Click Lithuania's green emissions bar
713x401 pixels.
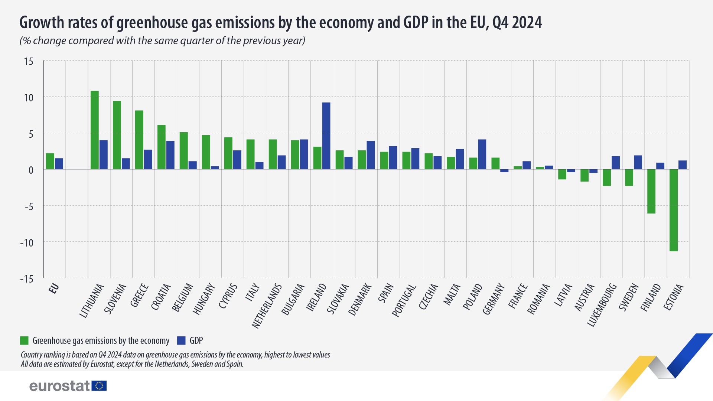click(95, 130)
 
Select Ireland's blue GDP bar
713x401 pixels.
click(326, 136)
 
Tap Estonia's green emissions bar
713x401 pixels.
click(674, 210)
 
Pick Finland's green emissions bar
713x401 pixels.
click(651, 191)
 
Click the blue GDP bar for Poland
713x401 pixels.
click(482, 154)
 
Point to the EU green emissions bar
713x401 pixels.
click(50, 162)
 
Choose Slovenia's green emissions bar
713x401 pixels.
click(117, 135)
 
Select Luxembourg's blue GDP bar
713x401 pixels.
click(616, 163)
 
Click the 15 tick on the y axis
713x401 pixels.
click(29, 62)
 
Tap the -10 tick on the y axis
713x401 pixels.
click(27, 243)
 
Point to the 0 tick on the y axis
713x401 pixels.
click(31, 170)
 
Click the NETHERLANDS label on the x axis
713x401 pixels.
click(267, 306)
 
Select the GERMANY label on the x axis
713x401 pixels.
click(494, 299)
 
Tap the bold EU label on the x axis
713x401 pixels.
click(54, 288)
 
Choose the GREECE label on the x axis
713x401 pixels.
click(140, 295)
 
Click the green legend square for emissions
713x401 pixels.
click(24, 340)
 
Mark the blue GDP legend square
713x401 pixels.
click(181, 340)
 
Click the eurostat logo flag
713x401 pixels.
click(99, 386)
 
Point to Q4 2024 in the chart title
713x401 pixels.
click(517, 23)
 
